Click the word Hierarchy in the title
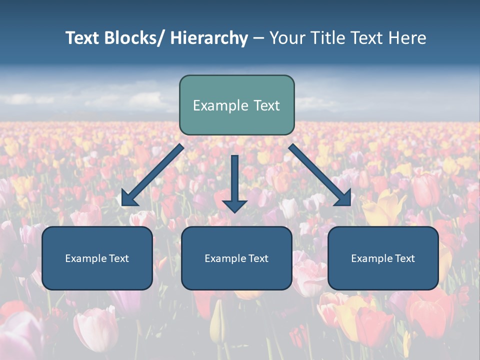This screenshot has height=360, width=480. (209, 38)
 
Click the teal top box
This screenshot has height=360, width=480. (236, 105)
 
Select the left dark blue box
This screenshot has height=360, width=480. (97, 258)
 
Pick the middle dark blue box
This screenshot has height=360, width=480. (236, 258)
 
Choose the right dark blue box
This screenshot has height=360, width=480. (383, 258)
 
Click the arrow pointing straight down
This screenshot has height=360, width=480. (234, 180)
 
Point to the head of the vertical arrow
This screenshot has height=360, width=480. (234, 205)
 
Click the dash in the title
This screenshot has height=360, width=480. (258, 38)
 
